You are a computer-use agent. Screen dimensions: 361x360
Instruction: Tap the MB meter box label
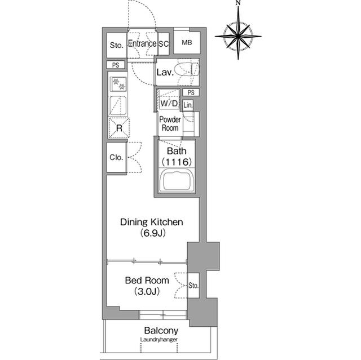coord(187,42)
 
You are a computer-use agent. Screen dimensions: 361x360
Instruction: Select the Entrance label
coord(142,43)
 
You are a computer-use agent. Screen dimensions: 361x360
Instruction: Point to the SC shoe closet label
coord(164,44)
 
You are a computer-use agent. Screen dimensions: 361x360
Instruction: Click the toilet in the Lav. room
coord(187,70)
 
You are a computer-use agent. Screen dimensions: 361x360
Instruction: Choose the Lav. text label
coord(165,73)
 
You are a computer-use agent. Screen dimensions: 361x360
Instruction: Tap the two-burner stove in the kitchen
coord(118,84)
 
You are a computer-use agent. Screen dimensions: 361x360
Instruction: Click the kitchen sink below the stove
coord(118,105)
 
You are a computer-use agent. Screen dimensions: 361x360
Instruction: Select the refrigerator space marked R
coord(119,128)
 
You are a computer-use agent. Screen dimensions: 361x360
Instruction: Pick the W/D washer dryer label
coord(169,104)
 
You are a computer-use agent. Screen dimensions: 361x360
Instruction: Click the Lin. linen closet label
coord(188,105)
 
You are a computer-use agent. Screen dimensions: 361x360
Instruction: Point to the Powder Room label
coord(170,124)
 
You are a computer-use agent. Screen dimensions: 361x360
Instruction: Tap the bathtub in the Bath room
coord(177,181)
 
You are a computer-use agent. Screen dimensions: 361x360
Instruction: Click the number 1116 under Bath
coord(177,162)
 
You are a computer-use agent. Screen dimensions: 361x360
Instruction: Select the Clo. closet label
coord(116,158)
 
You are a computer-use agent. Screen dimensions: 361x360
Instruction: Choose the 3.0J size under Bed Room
coord(147,291)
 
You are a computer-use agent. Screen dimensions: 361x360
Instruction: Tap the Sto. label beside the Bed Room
coord(193,286)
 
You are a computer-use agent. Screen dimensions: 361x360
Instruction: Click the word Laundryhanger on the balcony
coord(159,340)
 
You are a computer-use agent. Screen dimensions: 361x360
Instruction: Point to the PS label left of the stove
coord(116,65)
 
